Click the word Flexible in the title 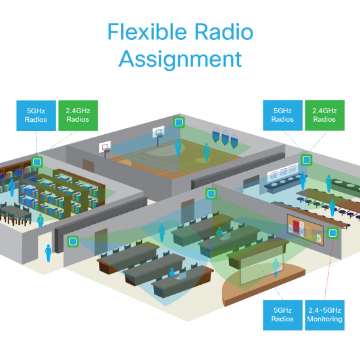(x=146, y=32)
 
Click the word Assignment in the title (x=180, y=59)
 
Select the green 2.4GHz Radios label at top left (x=77, y=115)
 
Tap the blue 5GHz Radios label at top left (x=36, y=115)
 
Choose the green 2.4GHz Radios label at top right (x=325, y=115)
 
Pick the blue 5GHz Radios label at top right (x=283, y=115)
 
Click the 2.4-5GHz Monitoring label (x=325, y=315)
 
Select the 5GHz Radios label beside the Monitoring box (x=283, y=315)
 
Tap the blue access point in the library (x=38, y=162)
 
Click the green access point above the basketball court (x=177, y=122)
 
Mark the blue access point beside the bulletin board (x=333, y=232)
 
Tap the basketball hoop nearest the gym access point (x=157, y=134)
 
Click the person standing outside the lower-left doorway (x=47, y=252)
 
